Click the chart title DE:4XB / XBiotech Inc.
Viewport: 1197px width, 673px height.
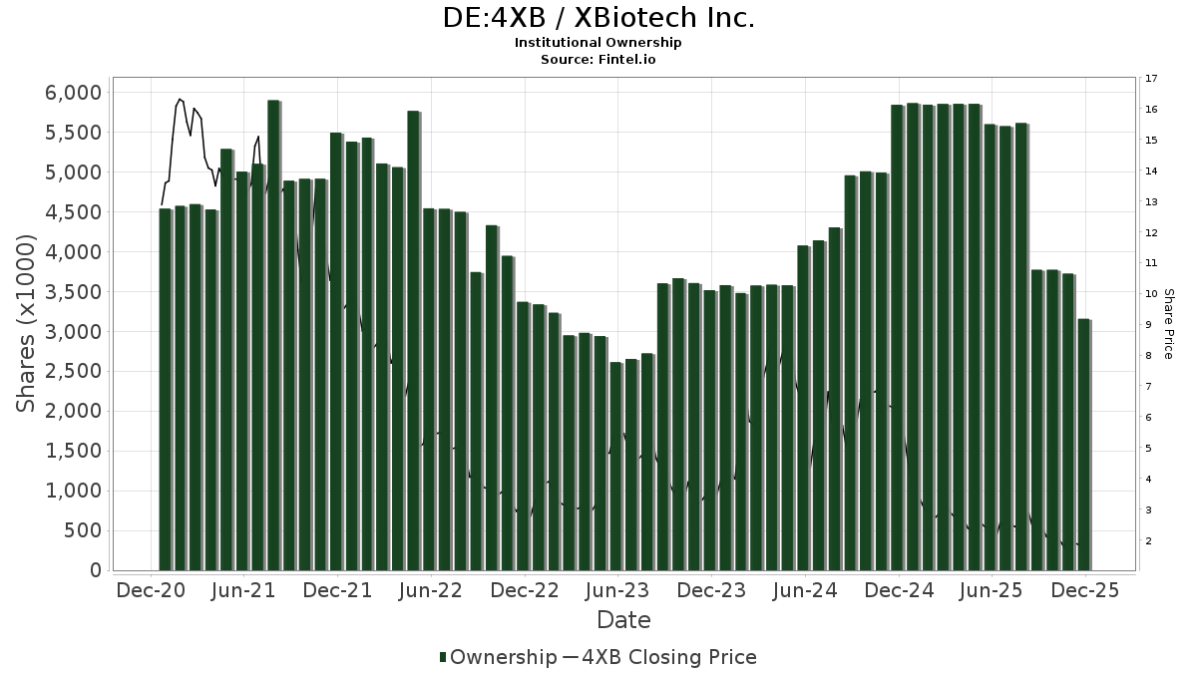tap(598, 18)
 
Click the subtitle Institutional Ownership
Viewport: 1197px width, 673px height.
tap(598, 43)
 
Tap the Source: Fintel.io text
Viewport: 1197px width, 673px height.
tap(598, 59)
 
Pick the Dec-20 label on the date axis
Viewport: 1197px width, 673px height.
tap(151, 590)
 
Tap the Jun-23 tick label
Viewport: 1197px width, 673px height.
tap(617, 590)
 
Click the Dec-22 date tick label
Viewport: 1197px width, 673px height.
tap(525, 590)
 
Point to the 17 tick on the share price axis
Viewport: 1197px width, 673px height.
tap(1151, 79)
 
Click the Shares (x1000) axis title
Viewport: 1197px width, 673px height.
tap(26, 323)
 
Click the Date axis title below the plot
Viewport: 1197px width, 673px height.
tap(623, 620)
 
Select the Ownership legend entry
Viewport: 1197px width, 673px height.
tap(499, 657)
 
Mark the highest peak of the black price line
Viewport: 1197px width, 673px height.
tap(180, 99)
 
